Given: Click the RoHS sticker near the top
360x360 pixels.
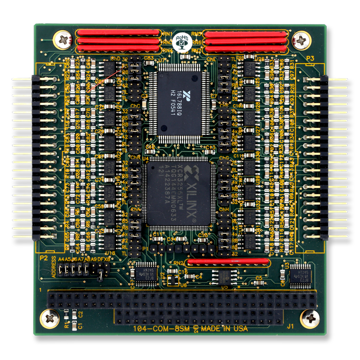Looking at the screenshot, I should click(181, 42).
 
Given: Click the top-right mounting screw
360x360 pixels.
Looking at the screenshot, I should click(301, 40).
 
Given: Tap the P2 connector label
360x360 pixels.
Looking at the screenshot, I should click(44, 258).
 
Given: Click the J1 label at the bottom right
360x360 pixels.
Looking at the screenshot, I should click(290, 328).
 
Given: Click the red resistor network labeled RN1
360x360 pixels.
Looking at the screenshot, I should click(118, 33).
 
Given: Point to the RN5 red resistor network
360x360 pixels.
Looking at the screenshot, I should click(245, 33).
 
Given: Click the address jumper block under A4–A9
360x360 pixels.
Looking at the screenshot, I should click(75, 272).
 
